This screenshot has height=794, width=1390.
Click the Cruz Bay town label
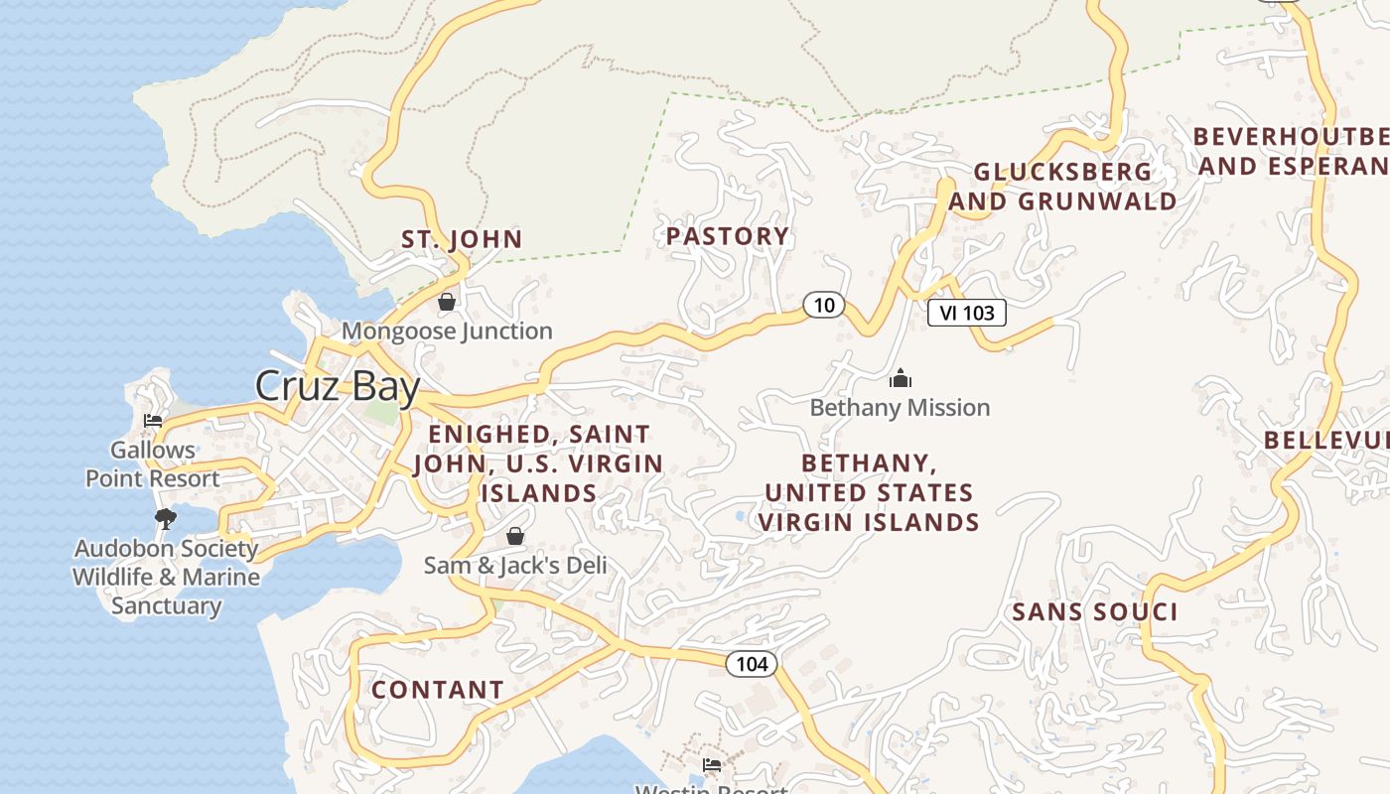tap(338, 386)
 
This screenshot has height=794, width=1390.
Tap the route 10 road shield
tap(824, 305)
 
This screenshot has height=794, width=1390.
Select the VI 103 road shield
tap(966, 313)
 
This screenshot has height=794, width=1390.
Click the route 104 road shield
tap(752, 663)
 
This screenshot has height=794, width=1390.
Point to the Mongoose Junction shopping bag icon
tap(447, 302)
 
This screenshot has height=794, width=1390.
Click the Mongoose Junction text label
tap(447, 331)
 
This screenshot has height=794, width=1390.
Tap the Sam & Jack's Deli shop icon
tap(515, 536)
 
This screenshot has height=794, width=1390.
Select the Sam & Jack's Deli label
tap(514, 565)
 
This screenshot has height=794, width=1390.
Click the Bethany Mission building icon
tap(901, 378)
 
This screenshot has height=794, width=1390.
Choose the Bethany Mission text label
tap(900, 407)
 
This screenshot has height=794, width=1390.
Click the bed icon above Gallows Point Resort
tap(153, 421)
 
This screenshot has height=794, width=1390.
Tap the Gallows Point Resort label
tap(153, 464)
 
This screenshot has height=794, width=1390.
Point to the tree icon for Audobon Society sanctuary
tap(166, 518)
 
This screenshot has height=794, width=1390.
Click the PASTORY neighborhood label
tap(728, 236)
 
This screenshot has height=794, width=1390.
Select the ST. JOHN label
tap(462, 239)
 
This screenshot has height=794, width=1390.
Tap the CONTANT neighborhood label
tap(438, 690)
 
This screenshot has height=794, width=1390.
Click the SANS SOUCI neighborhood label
tap(1095, 612)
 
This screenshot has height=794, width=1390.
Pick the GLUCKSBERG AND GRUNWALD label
tap(1063, 187)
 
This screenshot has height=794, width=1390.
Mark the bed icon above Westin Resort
tap(712, 765)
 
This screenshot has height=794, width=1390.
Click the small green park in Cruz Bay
tap(381, 412)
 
